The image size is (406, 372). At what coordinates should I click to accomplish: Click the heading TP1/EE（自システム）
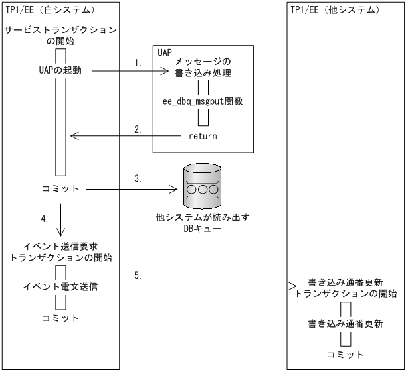[51, 11]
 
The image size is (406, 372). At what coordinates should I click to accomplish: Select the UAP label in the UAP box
[164, 52]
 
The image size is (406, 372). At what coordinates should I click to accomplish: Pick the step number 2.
[138, 129]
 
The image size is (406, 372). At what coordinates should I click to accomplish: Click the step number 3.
[138, 179]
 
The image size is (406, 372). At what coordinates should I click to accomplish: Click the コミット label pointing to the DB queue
[60, 189]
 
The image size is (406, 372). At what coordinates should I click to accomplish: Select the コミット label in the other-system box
[345, 355]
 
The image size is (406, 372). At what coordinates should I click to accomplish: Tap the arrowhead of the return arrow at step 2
[74, 136]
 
